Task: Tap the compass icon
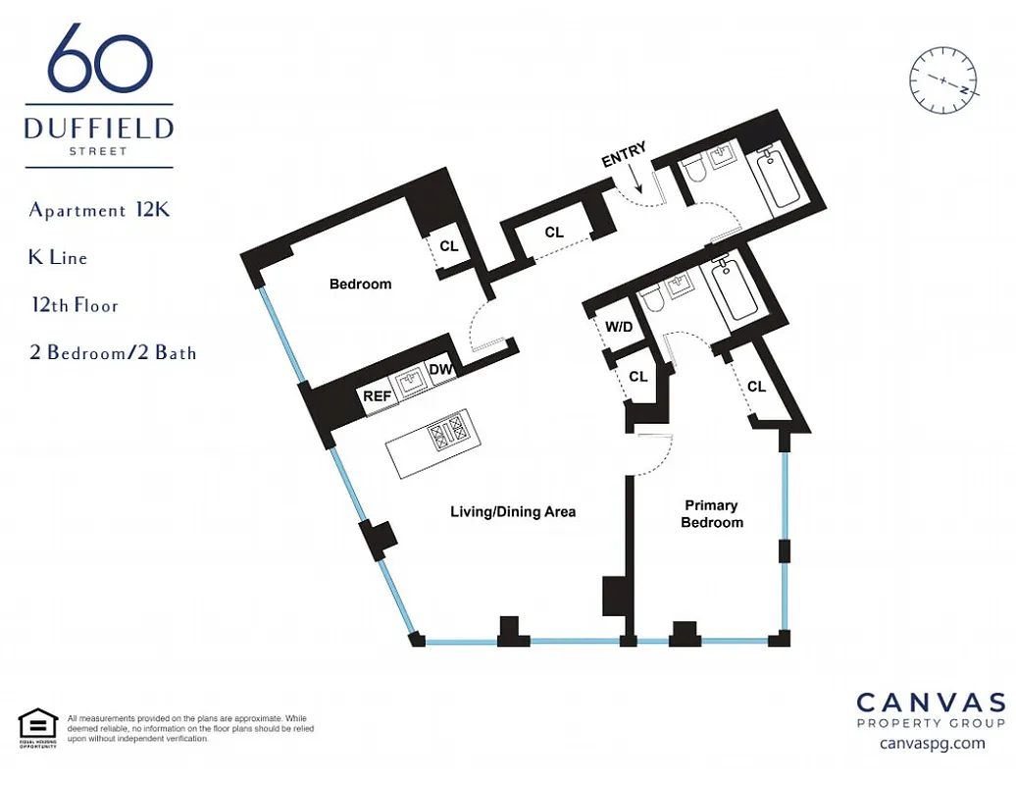pyautogui.click(x=944, y=82)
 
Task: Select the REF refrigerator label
pyautogui.click(x=378, y=396)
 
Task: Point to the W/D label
pyautogui.click(x=619, y=327)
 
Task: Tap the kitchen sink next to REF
pyautogui.click(x=409, y=382)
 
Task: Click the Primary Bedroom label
pyautogui.click(x=712, y=514)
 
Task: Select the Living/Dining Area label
pyautogui.click(x=513, y=511)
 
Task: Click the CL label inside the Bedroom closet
pyautogui.click(x=449, y=246)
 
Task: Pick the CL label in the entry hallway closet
pyautogui.click(x=554, y=233)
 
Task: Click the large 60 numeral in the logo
pyautogui.click(x=100, y=61)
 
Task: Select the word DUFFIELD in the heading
pyautogui.click(x=99, y=129)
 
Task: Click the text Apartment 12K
pyautogui.click(x=99, y=210)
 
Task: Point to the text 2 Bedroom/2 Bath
pyautogui.click(x=113, y=352)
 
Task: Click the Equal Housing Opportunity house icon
pyautogui.click(x=38, y=725)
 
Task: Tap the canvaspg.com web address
pyautogui.click(x=932, y=743)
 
